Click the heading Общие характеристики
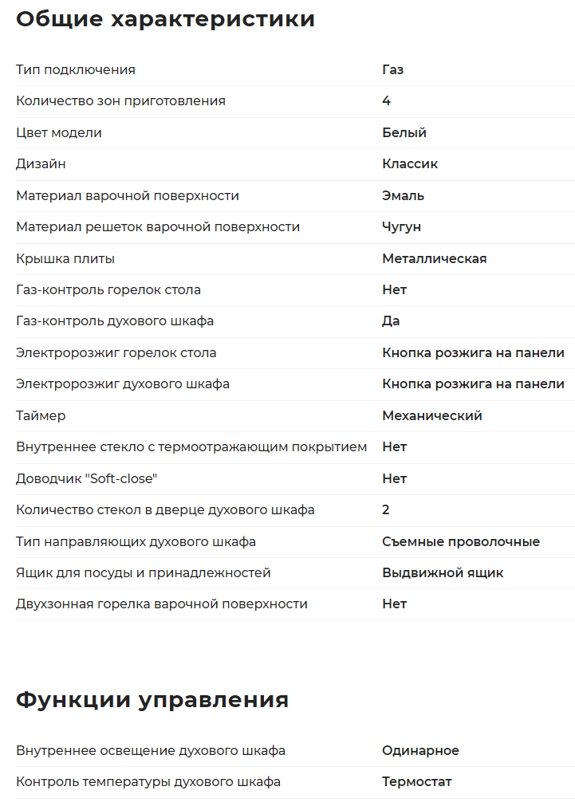coord(165,19)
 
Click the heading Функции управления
coord(152,700)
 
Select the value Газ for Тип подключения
coord(392,69)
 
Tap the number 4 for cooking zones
coord(386,101)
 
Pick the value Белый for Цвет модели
coord(404,132)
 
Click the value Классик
coord(409,164)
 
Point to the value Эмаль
coord(403,195)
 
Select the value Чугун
coord(401,227)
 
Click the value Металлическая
coord(434,258)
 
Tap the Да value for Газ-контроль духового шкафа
coord(391,321)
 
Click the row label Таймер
coord(41,415)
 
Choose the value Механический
coord(431,415)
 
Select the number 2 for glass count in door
coord(386,510)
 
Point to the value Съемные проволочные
coord(460,541)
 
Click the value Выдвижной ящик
coord(443,573)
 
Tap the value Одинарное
coord(420,751)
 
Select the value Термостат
coord(416,782)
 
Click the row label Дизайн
coord(41,164)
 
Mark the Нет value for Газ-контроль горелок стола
coord(394,290)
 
